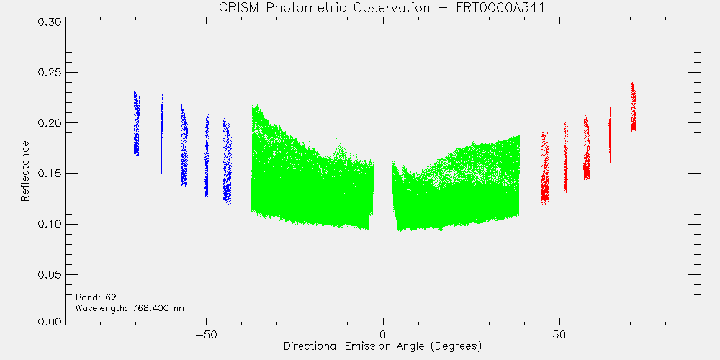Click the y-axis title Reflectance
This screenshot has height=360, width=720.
click(24, 171)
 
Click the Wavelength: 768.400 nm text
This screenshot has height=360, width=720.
click(131, 307)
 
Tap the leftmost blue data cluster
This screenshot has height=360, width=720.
click(136, 123)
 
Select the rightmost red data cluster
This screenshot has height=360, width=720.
click(633, 107)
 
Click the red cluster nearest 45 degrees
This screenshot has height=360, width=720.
click(545, 168)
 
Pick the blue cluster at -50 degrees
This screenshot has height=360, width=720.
click(207, 156)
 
